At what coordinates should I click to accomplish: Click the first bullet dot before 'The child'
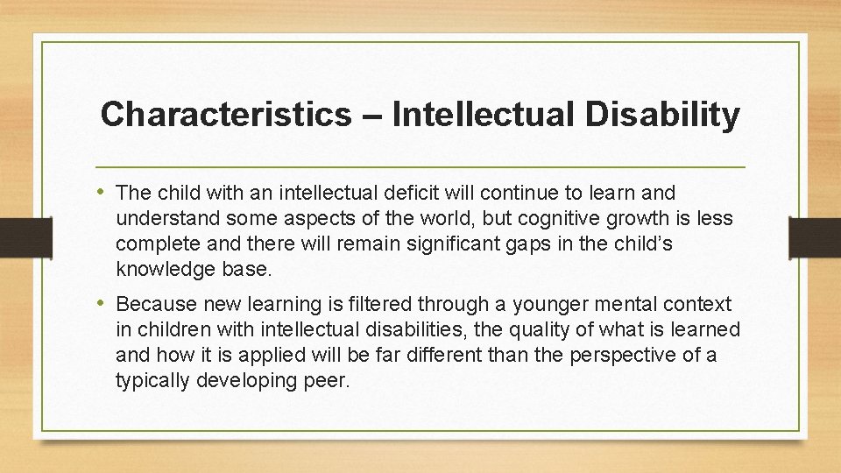click(104, 192)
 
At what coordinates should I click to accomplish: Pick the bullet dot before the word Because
click(104, 304)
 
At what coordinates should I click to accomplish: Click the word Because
click(155, 304)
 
